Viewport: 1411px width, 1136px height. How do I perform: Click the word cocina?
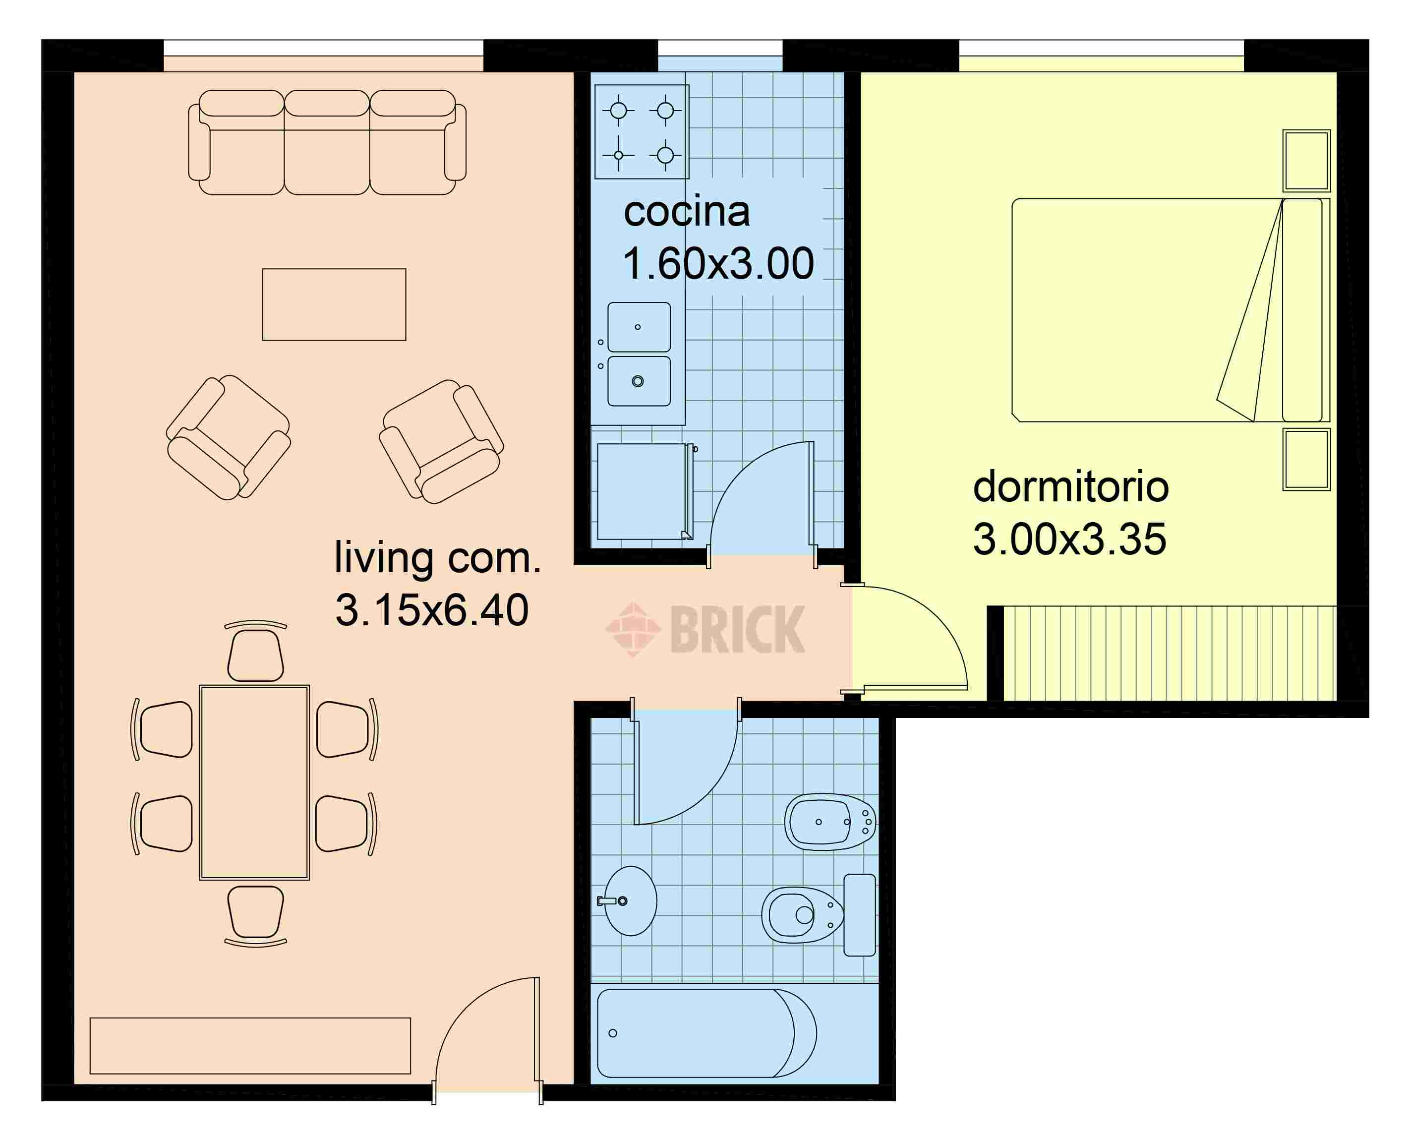(x=687, y=212)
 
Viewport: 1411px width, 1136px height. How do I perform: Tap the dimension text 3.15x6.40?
(x=432, y=610)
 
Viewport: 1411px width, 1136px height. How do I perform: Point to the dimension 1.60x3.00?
(x=718, y=264)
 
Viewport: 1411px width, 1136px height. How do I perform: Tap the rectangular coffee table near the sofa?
(x=335, y=304)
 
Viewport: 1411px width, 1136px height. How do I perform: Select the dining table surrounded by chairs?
(x=254, y=782)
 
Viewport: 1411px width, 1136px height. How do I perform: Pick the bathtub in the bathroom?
(x=707, y=1033)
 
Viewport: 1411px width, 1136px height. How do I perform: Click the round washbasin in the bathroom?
(x=630, y=901)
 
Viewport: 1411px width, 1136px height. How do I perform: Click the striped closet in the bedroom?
(x=1170, y=653)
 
